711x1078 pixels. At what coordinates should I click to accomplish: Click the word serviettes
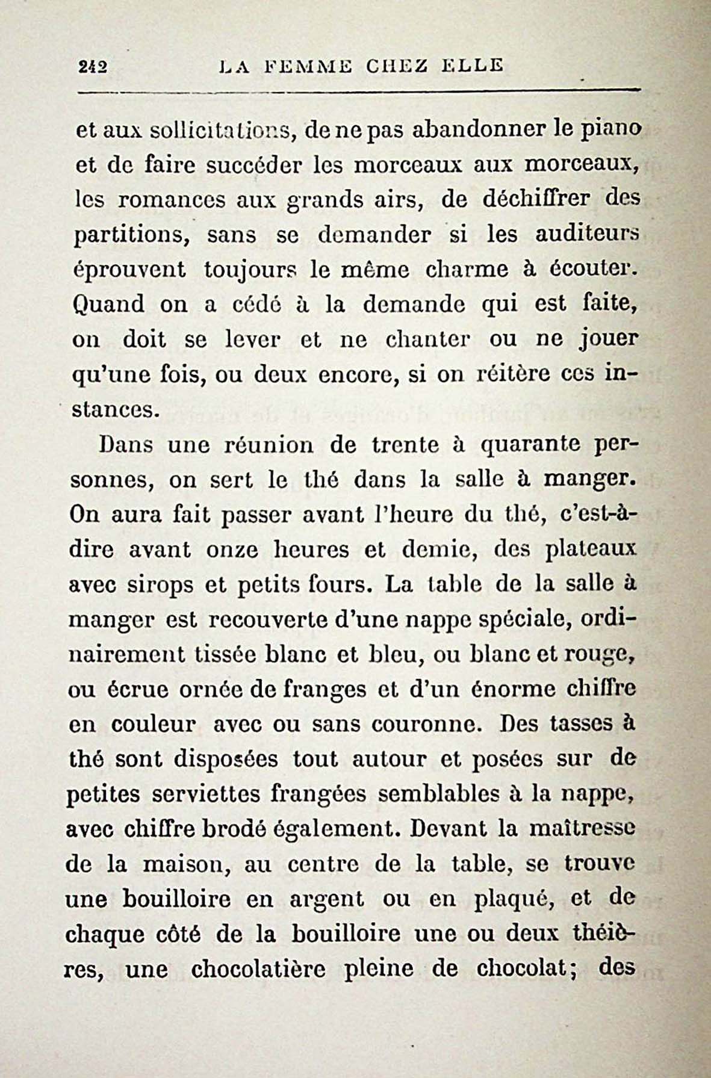point(204,794)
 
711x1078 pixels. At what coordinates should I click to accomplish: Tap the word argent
point(327,899)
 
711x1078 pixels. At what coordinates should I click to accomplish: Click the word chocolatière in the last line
point(258,970)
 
